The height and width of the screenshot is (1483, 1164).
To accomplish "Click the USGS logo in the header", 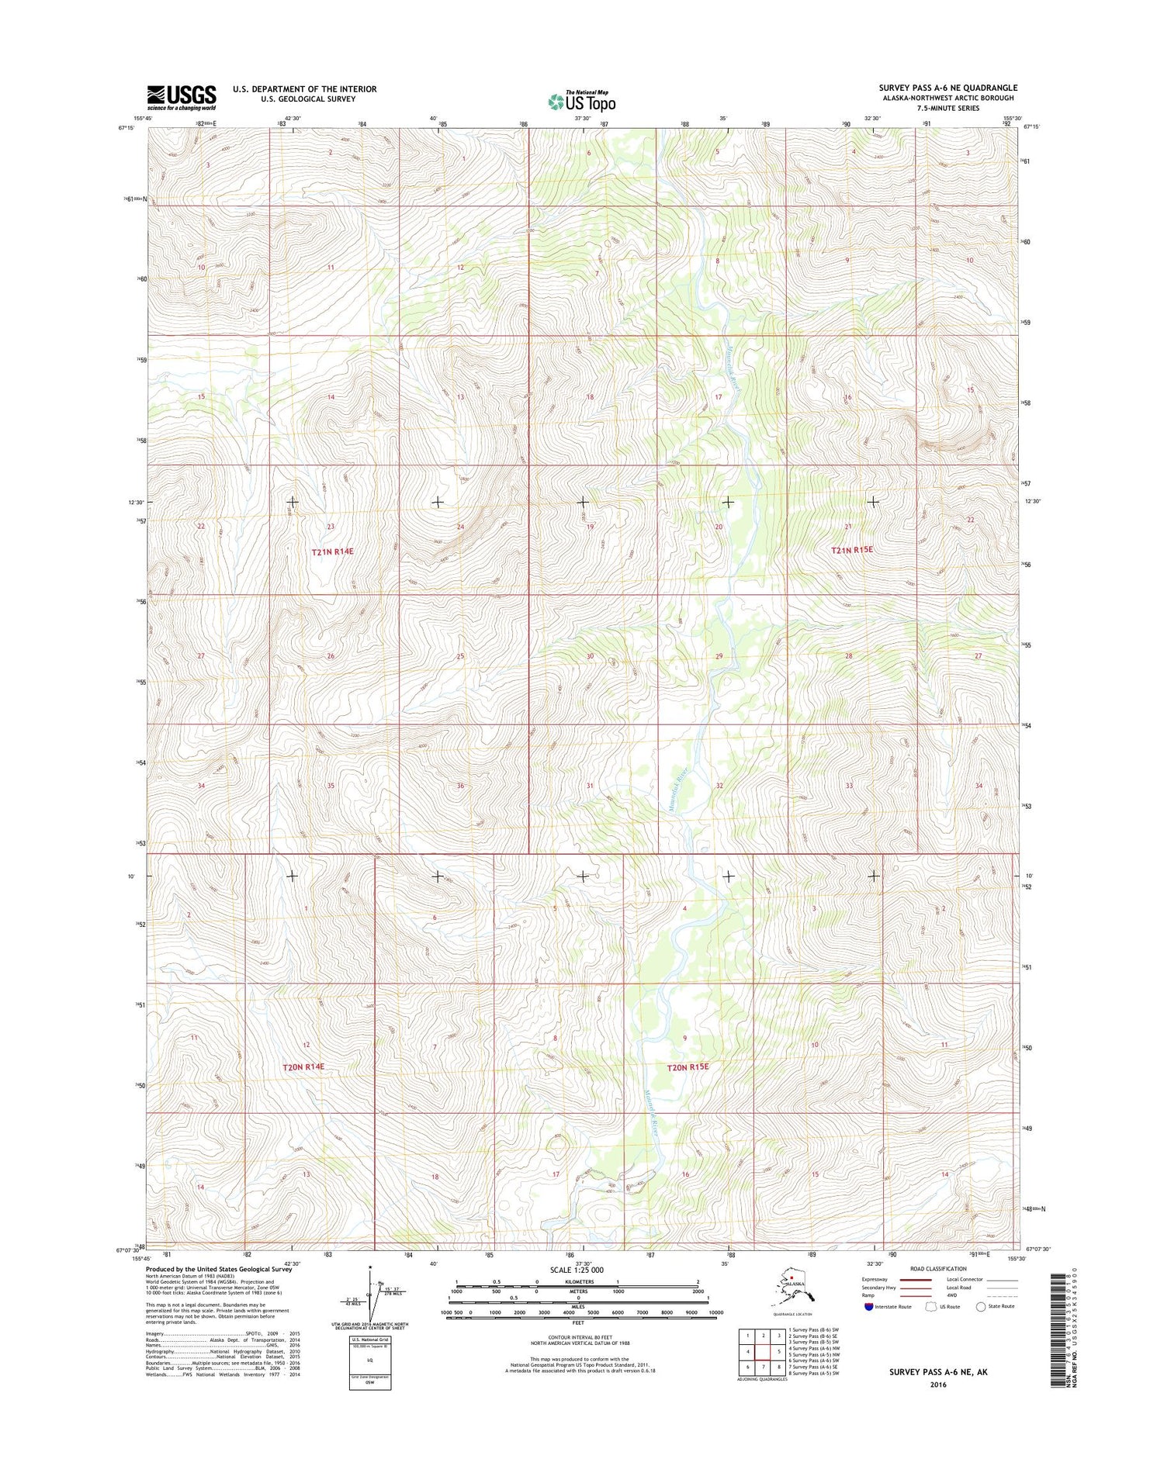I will pyautogui.click(x=182, y=98).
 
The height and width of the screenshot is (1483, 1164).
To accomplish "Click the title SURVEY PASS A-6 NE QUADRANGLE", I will pyautogui.click(x=947, y=88).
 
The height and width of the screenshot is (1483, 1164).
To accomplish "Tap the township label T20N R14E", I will pyautogui.click(x=303, y=1067).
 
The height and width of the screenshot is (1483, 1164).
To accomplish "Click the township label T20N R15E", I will pyautogui.click(x=688, y=1067).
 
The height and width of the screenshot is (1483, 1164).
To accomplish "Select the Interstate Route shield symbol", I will pyautogui.click(x=868, y=1306).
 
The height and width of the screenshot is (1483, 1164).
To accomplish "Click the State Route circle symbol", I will pyautogui.click(x=981, y=1306).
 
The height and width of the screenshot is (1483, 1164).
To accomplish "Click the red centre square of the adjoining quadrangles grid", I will pyautogui.click(x=764, y=1351).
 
